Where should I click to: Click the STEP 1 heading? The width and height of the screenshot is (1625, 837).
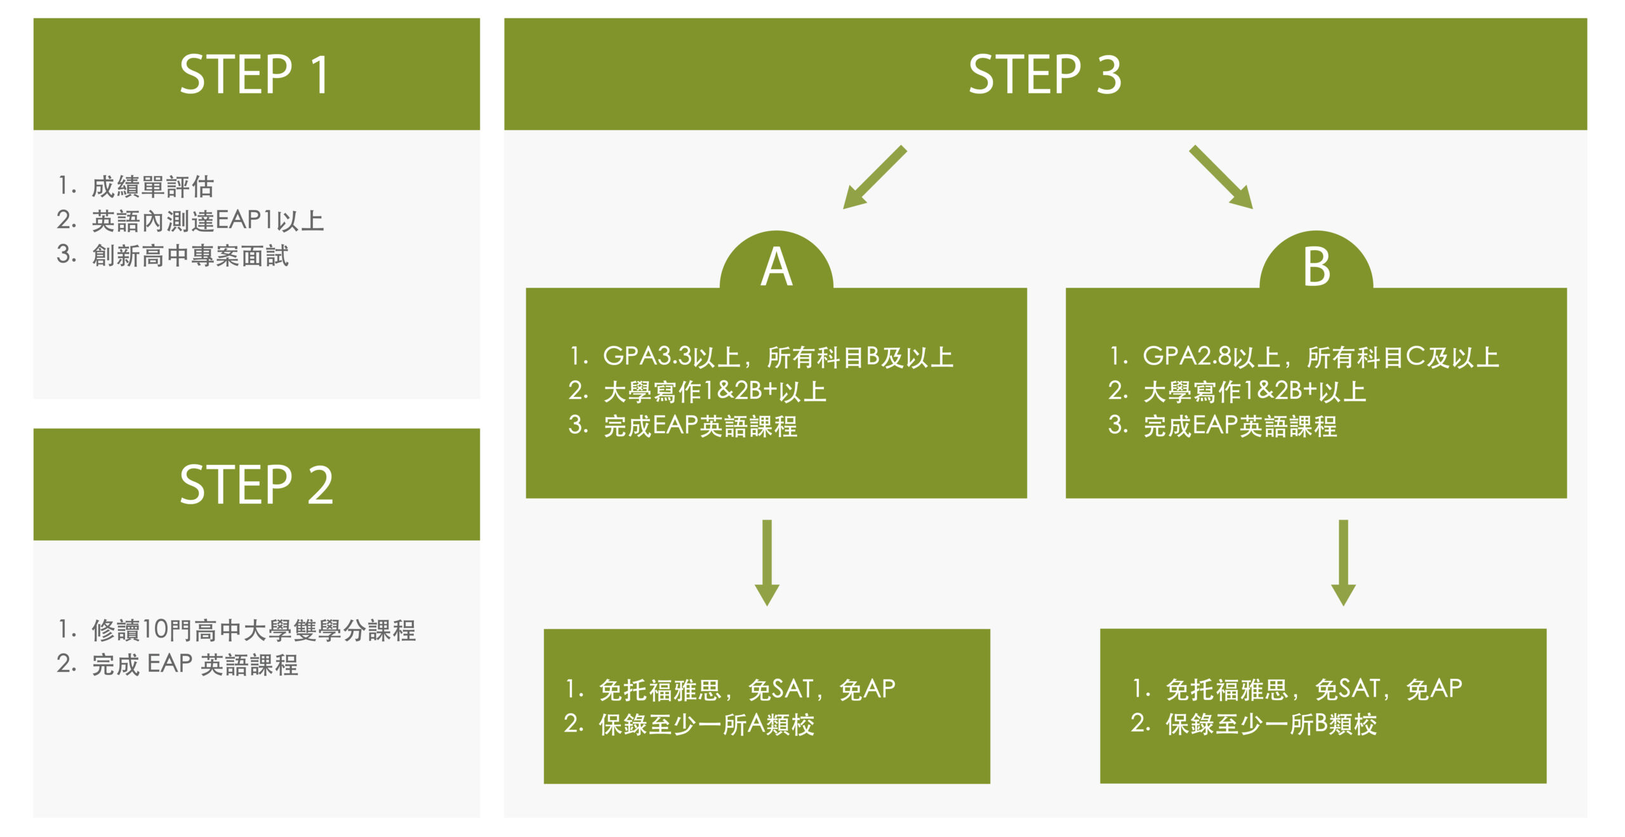click(x=254, y=74)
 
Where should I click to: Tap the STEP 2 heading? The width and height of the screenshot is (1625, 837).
click(x=256, y=485)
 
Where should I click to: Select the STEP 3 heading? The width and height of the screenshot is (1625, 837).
click(x=1045, y=74)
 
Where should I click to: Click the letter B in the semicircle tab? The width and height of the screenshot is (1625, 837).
click(x=1317, y=267)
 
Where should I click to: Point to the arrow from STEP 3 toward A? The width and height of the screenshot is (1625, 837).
click(x=874, y=178)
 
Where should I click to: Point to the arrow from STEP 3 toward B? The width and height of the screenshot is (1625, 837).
click(x=1222, y=177)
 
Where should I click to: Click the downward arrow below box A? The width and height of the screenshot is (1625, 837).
click(x=767, y=563)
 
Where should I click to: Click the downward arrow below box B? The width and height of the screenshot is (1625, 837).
click(x=1343, y=563)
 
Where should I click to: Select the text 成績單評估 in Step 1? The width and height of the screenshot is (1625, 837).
click(x=153, y=187)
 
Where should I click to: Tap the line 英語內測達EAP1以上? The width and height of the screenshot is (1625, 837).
click(x=208, y=221)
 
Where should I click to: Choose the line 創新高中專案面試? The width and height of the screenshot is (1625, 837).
click(x=190, y=255)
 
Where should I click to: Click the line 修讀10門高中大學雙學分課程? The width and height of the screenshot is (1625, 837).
click(x=253, y=630)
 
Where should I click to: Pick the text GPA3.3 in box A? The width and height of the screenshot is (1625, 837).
click(x=647, y=356)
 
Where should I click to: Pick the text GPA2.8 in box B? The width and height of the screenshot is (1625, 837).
click(x=1186, y=356)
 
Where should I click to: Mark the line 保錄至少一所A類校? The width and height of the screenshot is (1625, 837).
click(x=706, y=724)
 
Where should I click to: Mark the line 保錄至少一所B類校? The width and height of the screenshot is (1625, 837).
click(x=1271, y=724)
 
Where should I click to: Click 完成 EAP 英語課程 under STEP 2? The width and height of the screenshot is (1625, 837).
click(x=195, y=664)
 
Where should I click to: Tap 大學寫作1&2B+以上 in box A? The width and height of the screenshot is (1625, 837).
click(x=715, y=391)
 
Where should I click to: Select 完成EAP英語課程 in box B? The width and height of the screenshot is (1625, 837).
click(x=1240, y=425)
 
